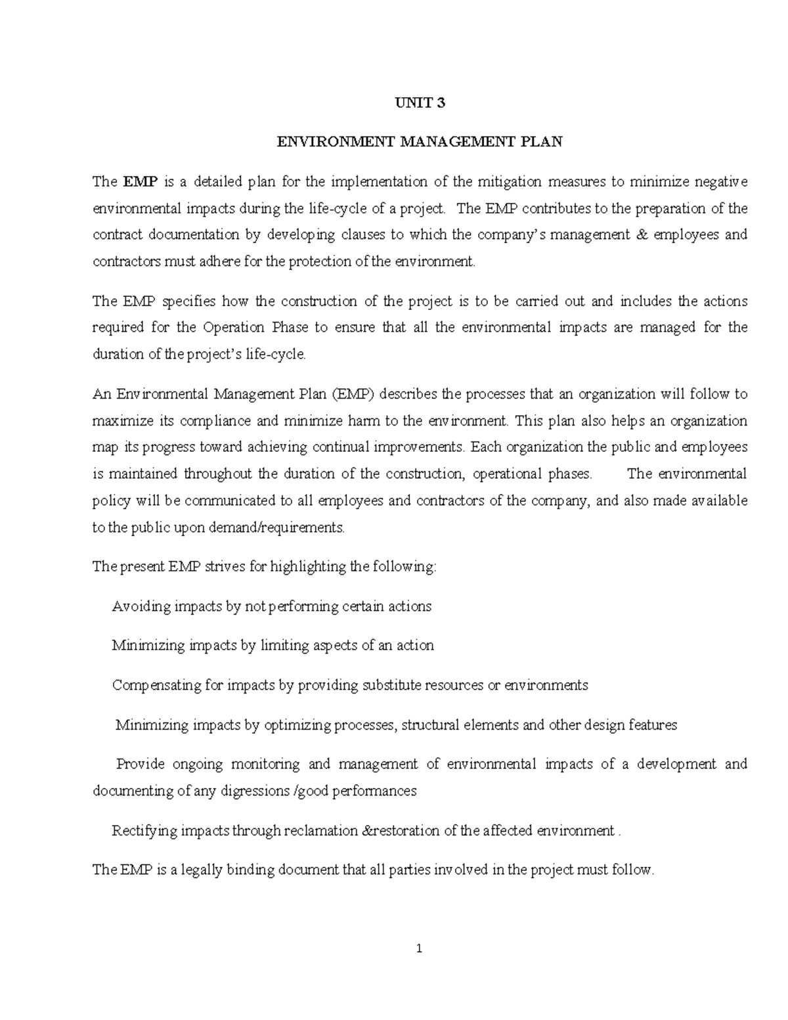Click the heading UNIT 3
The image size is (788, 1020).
pos(419,102)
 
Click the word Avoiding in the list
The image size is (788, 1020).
pos(141,606)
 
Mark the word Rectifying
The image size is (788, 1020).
pos(144,831)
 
